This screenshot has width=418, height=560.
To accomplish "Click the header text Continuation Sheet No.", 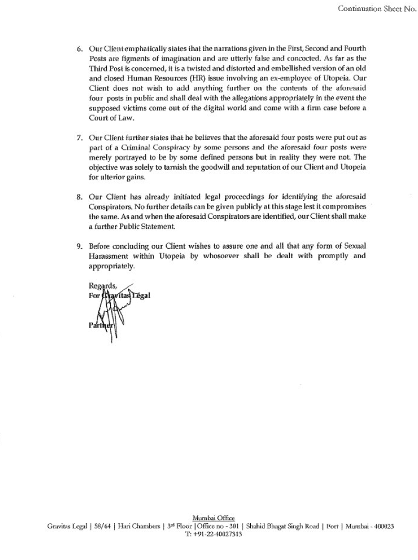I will click(x=377, y=8).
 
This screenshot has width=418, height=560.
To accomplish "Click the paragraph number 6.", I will click(x=80, y=49).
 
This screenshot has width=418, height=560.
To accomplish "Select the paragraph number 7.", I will click(x=80, y=138).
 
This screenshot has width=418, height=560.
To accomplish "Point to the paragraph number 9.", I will click(x=80, y=246).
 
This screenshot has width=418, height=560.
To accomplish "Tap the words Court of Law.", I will click(x=108, y=118).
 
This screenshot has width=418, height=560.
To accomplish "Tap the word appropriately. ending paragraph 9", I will click(x=112, y=266).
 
